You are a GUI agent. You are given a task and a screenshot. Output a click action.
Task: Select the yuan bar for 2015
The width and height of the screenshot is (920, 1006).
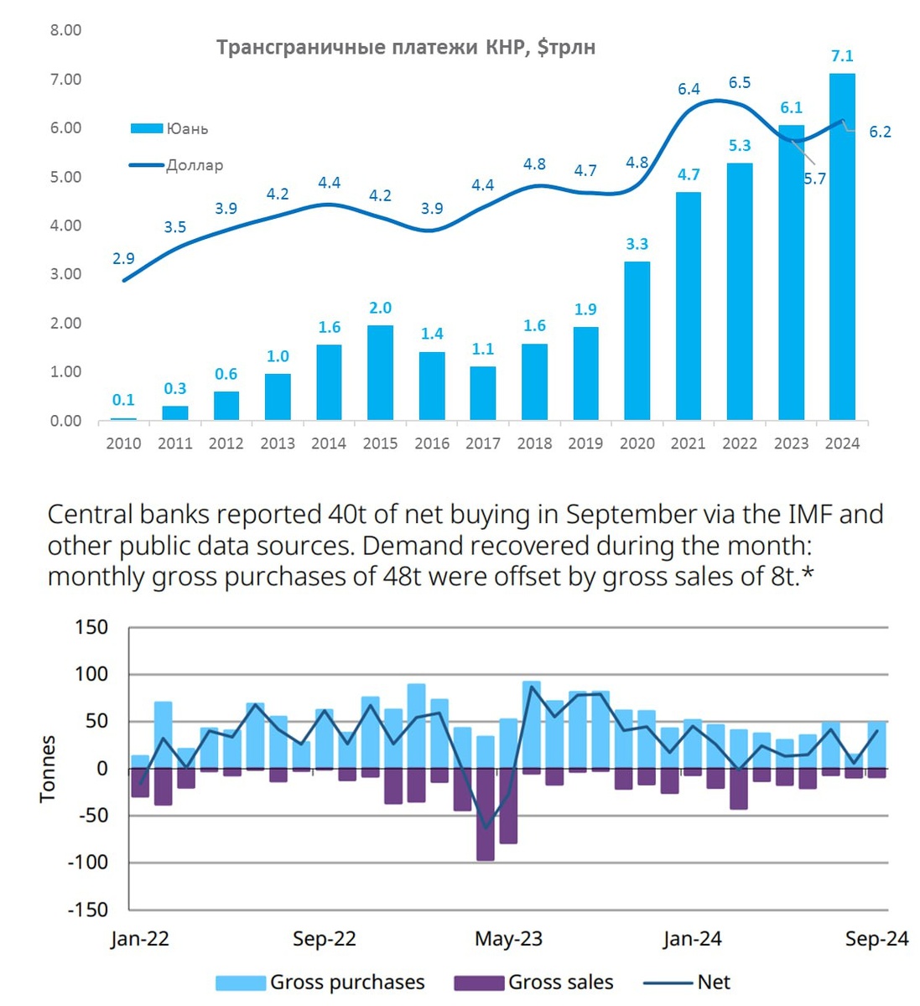click(380, 372)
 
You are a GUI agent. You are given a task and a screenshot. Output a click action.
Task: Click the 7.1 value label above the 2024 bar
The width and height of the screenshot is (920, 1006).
click(842, 56)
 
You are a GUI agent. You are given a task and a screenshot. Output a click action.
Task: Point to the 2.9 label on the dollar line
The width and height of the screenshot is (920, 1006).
click(123, 259)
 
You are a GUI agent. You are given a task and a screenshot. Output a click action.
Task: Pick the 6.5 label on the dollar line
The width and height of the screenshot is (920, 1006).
click(740, 82)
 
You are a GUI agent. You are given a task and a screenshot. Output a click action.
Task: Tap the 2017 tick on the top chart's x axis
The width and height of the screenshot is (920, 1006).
click(482, 443)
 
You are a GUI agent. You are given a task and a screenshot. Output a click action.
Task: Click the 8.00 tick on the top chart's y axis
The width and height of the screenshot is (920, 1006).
click(66, 30)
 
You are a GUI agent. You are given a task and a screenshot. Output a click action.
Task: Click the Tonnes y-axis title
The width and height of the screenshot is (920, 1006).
click(48, 769)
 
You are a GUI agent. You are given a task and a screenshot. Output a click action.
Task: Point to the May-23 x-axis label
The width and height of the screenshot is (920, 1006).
click(508, 939)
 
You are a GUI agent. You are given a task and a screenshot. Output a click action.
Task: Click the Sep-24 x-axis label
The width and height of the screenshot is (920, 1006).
click(876, 939)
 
